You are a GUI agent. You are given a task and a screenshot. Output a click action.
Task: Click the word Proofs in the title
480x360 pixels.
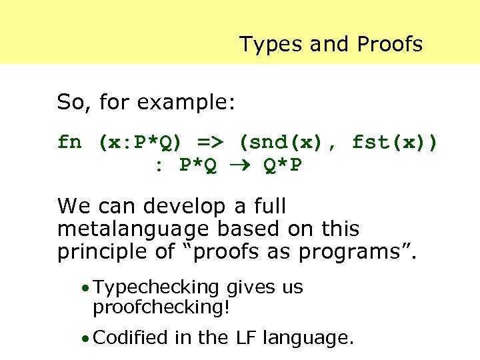tap(390, 45)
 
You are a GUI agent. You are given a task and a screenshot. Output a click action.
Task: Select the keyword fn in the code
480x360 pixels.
tap(69, 143)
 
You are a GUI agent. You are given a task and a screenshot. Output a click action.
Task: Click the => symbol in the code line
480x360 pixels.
tap(210, 143)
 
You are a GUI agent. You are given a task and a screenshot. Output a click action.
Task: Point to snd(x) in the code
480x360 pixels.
tap(289, 143)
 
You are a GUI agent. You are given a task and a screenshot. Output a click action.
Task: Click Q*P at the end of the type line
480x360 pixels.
tap(284, 165)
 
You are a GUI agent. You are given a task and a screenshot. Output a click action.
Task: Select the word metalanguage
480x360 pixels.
tap(134, 229)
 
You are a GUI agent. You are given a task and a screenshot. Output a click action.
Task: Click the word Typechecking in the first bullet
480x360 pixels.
tap(157, 287)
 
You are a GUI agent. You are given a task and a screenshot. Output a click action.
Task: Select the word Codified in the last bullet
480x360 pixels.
tap(131, 338)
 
